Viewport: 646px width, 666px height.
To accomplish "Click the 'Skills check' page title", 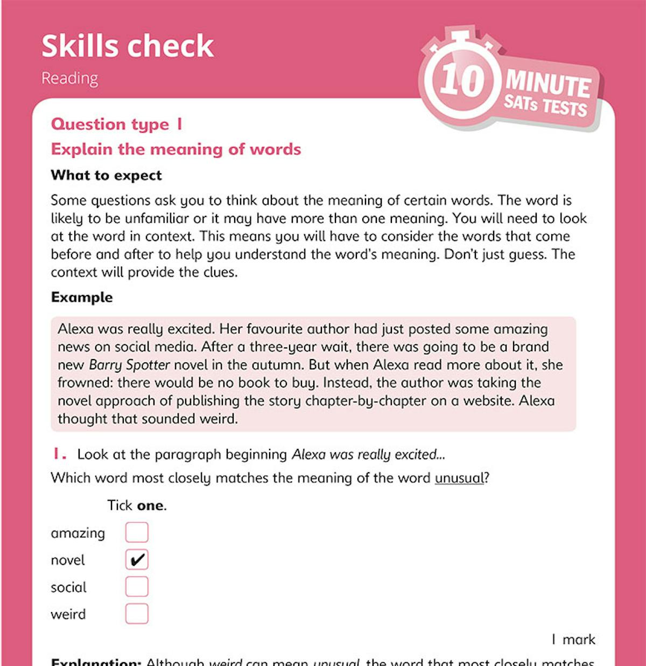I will click(x=128, y=46).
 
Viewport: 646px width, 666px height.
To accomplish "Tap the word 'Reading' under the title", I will click(x=69, y=79).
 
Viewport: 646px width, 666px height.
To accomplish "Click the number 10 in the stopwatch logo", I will click(x=462, y=81).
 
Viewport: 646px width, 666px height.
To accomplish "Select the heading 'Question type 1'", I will click(x=117, y=124).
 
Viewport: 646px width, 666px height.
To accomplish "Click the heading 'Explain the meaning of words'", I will click(x=176, y=149).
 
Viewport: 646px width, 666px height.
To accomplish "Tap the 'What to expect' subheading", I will click(x=106, y=176).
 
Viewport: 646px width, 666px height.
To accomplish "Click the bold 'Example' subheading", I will click(x=82, y=297).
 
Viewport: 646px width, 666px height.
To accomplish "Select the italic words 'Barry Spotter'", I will click(x=129, y=365).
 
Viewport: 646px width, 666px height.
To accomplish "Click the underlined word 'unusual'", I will click(x=459, y=478).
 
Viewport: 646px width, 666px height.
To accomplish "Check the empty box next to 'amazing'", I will click(x=137, y=532).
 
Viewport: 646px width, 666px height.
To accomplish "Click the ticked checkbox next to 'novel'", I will click(x=137, y=560).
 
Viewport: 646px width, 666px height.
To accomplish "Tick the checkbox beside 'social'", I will click(x=137, y=587).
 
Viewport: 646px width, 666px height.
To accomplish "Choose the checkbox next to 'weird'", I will click(x=137, y=614).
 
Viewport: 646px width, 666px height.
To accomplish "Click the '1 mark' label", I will click(x=573, y=640).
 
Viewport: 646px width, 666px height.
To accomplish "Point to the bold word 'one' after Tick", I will click(x=150, y=506).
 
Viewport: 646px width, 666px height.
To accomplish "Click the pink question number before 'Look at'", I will click(x=59, y=454).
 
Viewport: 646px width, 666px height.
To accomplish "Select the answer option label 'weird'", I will click(x=68, y=614).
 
